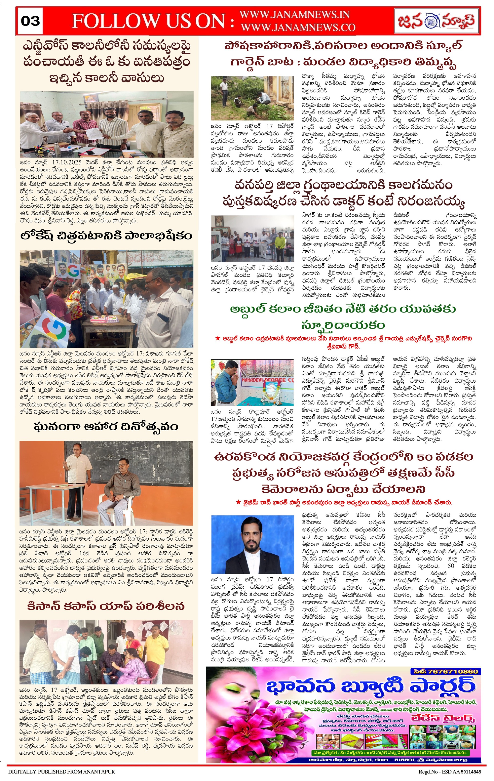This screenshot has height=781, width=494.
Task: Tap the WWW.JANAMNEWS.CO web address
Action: [298, 28]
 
